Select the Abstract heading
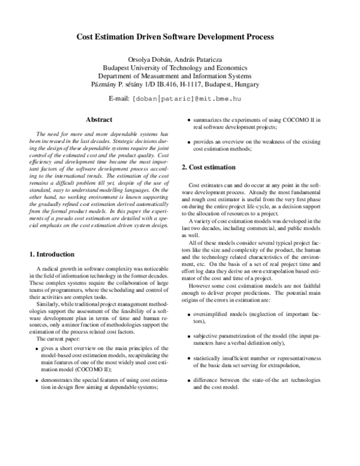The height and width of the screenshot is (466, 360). tap(100, 120)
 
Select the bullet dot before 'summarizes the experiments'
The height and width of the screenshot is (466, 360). tap(190, 121)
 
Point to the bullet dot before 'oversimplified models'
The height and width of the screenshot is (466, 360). tap(190, 315)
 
